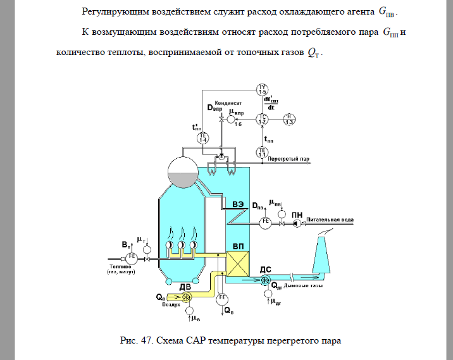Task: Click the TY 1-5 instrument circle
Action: pos(263,89)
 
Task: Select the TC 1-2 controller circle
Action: pos(263,119)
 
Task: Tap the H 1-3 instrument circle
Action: pos(289,119)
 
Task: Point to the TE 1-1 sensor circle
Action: pos(263,152)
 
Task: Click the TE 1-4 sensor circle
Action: pos(203,139)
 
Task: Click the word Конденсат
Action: pos(225,102)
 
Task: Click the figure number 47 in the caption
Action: pos(149,341)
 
